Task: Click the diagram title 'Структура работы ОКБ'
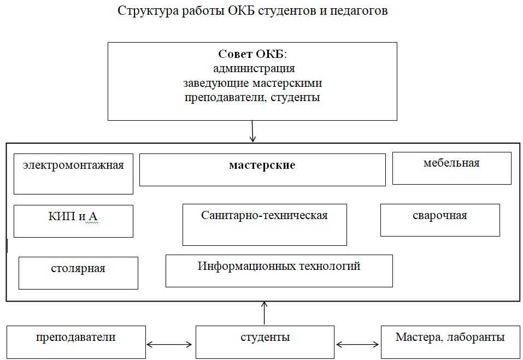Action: [252, 11]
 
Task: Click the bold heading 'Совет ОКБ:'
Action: [252, 55]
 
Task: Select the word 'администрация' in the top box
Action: [253, 69]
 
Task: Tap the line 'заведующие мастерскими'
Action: [252, 84]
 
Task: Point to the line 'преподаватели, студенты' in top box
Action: [252, 98]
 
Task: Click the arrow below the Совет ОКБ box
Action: [253, 131]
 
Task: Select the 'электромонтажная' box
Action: [73, 174]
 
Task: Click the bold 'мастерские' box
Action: [262, 169]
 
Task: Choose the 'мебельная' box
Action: [451, 168]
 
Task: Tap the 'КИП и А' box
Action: [73, 221]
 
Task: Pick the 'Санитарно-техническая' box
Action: [265, 225]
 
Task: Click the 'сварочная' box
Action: [440, 220]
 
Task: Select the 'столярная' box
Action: [78, 273]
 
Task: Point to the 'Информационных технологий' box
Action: [279, 270]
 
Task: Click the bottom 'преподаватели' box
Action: [76, 341]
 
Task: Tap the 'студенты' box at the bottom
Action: [265, 341]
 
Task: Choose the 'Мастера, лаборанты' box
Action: [450, 341]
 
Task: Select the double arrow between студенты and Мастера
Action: [357, 345]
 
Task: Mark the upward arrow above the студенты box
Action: [265, 313]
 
